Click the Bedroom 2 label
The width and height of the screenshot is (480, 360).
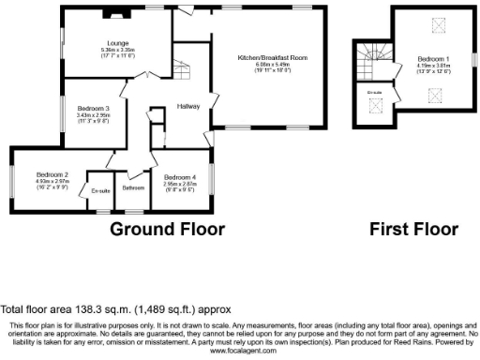coord(52,174)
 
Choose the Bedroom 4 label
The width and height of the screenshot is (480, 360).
coord(180,177)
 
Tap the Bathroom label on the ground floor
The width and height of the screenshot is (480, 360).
coord(135,188)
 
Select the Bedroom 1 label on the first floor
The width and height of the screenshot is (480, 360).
coord(433,59)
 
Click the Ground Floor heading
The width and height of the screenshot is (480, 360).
coord(168,229)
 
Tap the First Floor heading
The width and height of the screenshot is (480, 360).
coord(412,229)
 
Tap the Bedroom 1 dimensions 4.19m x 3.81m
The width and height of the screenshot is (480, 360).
coord(433,67)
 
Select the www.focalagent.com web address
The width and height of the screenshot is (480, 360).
coord(239,351)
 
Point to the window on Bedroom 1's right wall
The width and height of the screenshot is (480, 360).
coord(473,60)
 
